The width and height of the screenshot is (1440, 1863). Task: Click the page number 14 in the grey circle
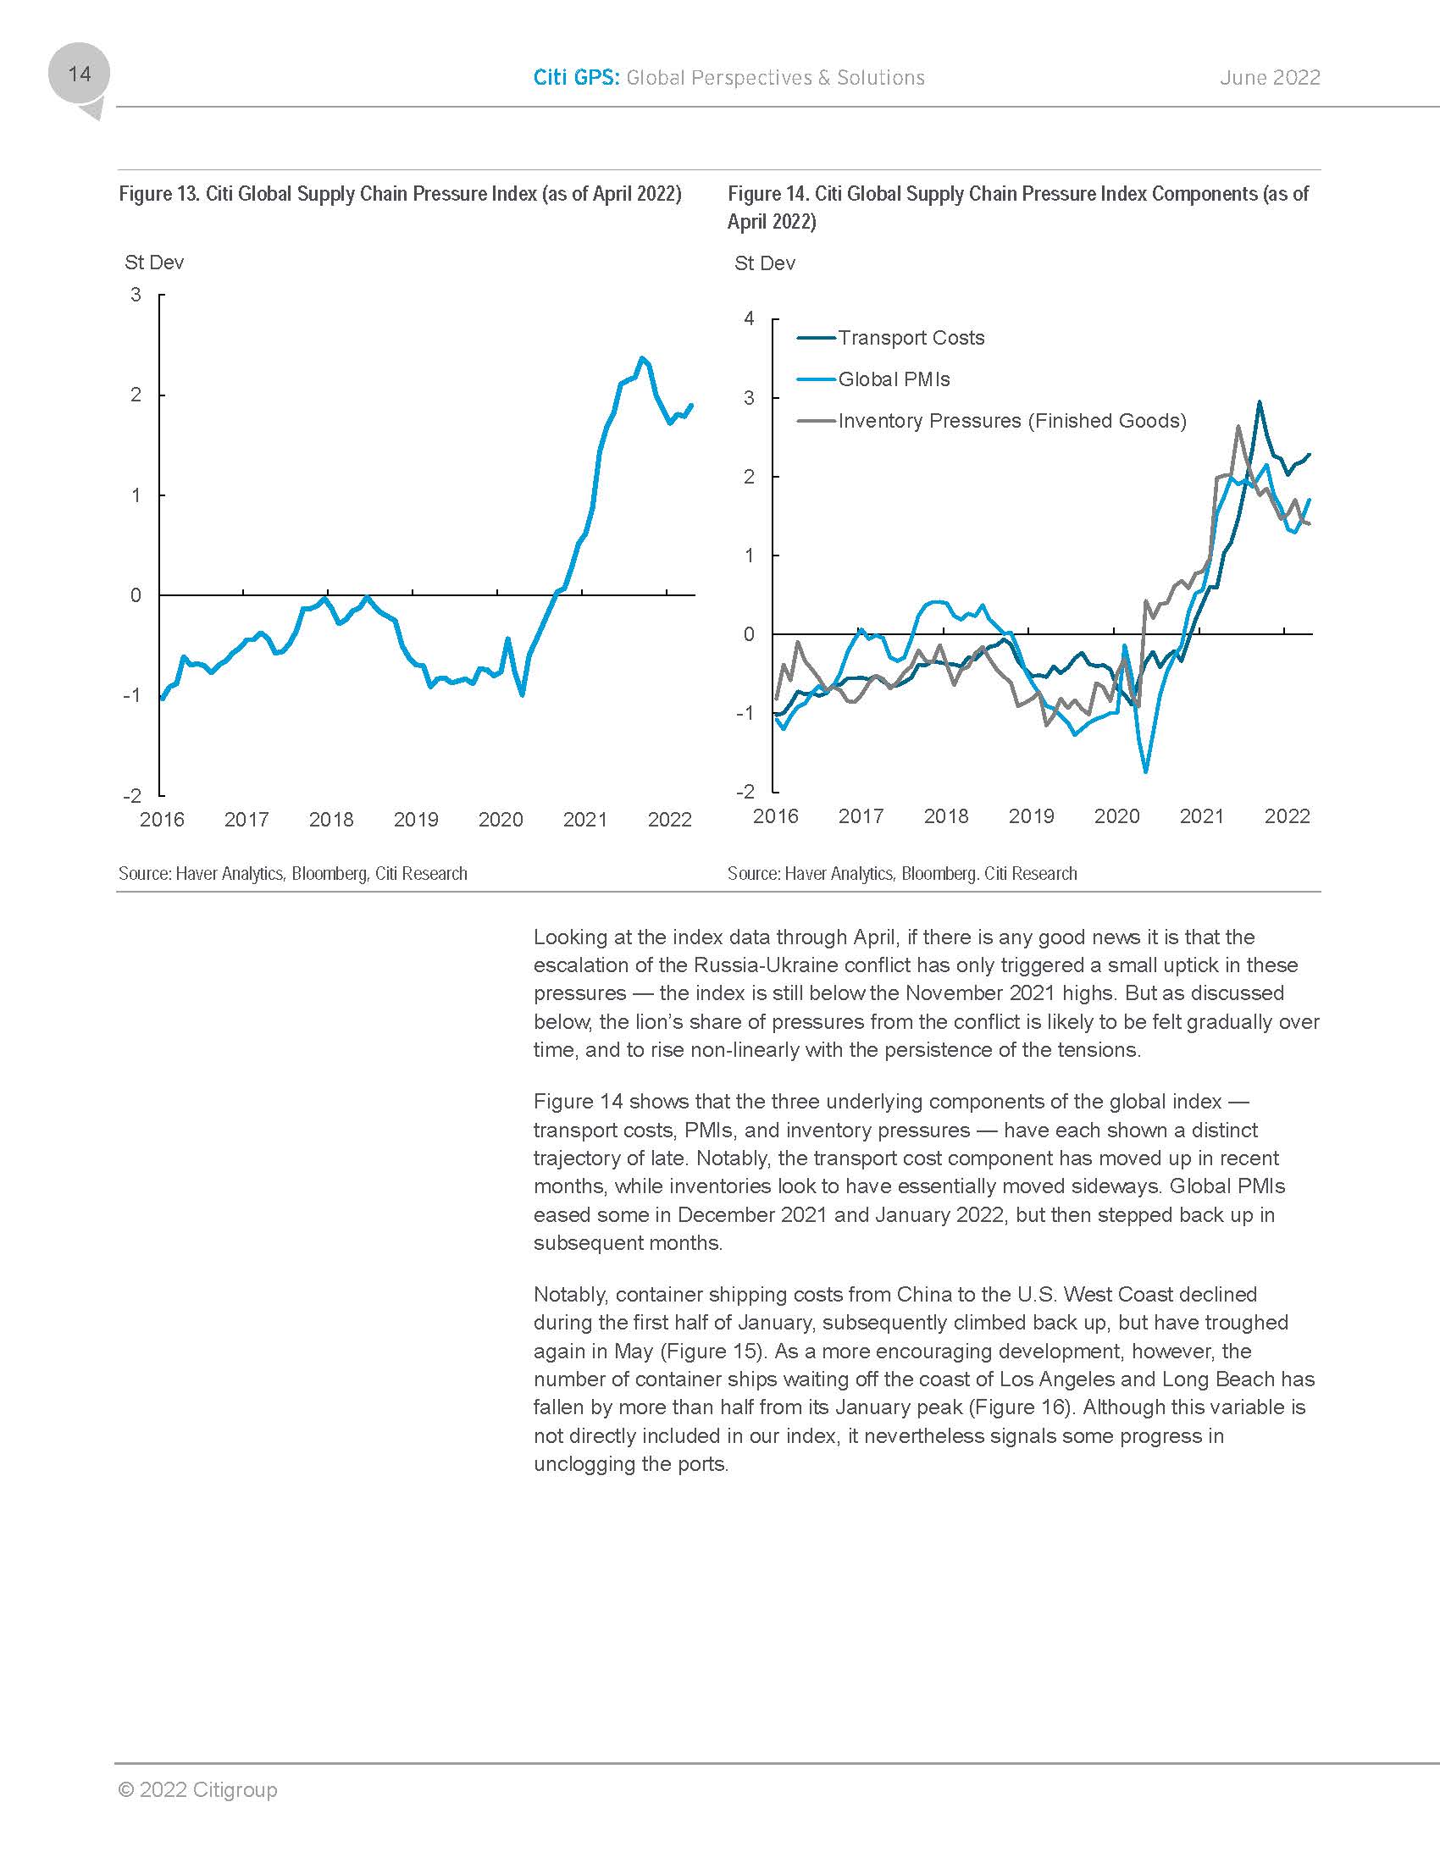point(80,75)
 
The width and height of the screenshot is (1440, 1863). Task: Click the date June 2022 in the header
point(1270,78)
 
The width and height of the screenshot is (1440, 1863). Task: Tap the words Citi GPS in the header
point(576,78)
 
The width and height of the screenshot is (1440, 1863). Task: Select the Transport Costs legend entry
point(911,338)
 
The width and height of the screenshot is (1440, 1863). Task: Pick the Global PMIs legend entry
point(893,379)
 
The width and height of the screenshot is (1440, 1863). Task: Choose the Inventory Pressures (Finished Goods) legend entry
point(1011,422)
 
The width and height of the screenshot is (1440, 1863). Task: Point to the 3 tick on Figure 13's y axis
point(136,296)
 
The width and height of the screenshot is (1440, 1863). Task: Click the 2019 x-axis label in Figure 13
point(415,820)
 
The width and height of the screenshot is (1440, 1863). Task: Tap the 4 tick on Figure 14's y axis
point(749,319)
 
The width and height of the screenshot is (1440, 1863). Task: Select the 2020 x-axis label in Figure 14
point(1116,816)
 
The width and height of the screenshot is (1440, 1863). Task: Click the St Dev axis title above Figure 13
point(154,263)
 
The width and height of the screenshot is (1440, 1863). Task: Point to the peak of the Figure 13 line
point(641,358)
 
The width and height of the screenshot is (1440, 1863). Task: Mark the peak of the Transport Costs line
point(1259,402)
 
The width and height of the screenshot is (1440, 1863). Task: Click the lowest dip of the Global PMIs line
point(1146,771)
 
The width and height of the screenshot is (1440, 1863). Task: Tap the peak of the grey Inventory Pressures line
point(1238,427)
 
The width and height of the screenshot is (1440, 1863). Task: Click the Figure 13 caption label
point(399,194)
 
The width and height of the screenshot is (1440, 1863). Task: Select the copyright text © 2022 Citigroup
point(198,1788)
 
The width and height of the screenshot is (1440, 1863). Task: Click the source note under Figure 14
point(902,874)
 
